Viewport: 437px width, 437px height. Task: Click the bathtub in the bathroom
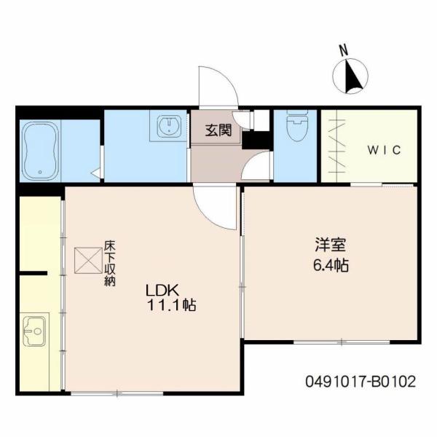click(x=41, y=151)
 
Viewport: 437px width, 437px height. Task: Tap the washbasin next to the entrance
click(x=169, y=126)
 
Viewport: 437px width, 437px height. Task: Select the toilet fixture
click(x=297, y=125)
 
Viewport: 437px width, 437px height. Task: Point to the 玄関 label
click(x=219, y=130)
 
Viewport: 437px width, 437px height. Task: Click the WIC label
click(x=384, y=151)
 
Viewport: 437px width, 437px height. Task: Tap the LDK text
click(x=162, y=291)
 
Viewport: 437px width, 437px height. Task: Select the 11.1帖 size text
click(x=171, y=305)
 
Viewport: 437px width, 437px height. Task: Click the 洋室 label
click(x=330, y=245)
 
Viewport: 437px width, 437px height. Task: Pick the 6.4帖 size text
click(x=331, y=265)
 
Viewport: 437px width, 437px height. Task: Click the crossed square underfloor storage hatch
click(x=88, y=260)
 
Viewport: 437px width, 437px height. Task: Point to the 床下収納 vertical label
click(x=110, y=264)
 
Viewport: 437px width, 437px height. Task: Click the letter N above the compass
click(x=344, y=50)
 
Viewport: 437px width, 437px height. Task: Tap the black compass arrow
click(x=353, y=76)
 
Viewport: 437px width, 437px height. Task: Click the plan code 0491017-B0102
click(x=361, y=382)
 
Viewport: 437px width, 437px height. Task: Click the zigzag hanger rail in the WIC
click(x=338, y=146)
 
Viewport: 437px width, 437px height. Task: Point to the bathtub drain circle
click(x=40, y=172)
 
